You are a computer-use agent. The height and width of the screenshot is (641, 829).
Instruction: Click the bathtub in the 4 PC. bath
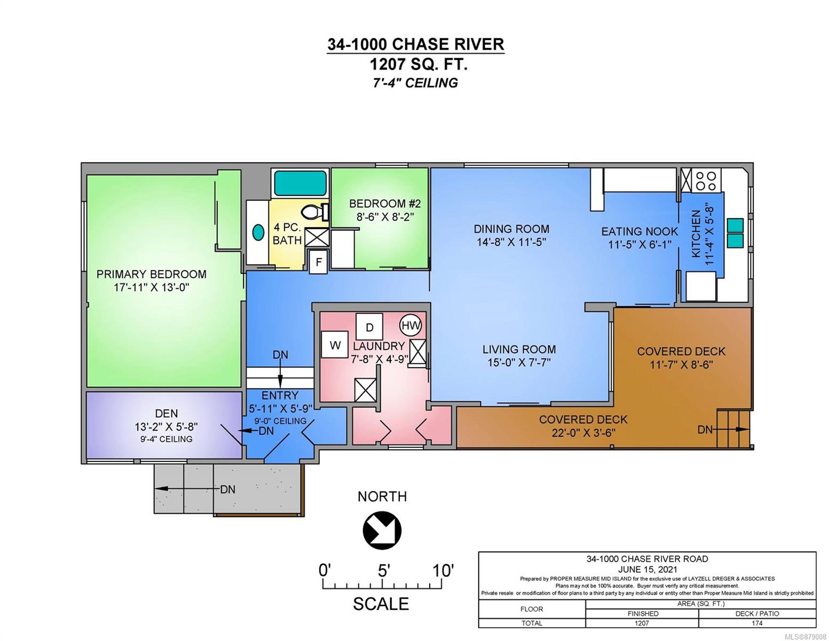coord(300,183)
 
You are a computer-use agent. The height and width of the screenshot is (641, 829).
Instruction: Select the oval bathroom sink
coord(258,232)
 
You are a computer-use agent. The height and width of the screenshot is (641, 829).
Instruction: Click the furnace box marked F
coord(318,262)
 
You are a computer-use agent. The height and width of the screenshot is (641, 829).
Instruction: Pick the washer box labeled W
coord(335,345)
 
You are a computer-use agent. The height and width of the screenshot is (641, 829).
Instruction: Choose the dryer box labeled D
coord(369,327)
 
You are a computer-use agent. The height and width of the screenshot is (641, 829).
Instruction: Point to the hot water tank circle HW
coord(410,326)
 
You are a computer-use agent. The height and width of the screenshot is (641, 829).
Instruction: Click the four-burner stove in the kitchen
coord(706,181)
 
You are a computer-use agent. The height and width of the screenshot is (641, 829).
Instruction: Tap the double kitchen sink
coord(735,232)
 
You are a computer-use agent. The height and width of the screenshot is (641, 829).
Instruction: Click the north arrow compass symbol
coord(382,530)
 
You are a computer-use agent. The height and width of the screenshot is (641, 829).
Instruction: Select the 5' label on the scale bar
coord(383,571)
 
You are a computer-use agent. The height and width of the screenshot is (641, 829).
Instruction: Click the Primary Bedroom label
coord(152,274)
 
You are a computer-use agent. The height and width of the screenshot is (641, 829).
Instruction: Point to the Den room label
coord(167,413)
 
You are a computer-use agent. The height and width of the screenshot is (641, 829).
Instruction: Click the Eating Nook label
coord(639,231)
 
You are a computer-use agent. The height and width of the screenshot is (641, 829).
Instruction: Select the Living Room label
coord(519,349)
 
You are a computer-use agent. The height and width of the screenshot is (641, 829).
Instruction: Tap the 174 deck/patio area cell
coord(757,623)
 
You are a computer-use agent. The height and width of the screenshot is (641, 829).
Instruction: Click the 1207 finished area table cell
coord(642,623)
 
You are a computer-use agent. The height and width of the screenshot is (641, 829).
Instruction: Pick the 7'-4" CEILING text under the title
coord(415,83)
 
